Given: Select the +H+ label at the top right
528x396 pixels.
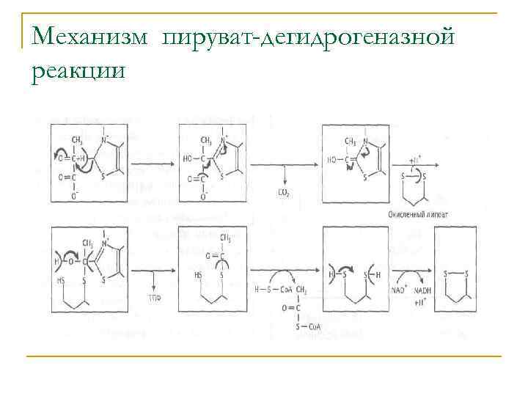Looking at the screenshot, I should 416,158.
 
